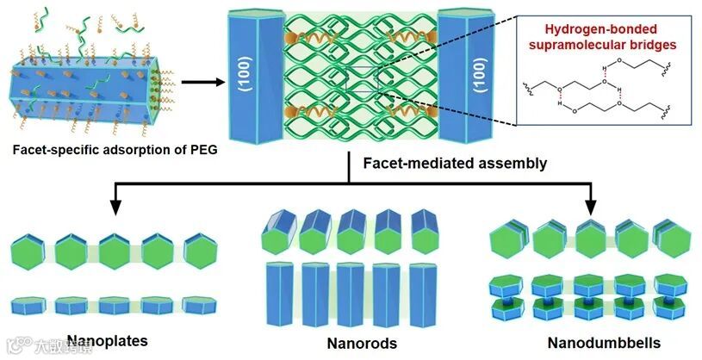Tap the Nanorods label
pos(362,344)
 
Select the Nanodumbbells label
pos(604,344)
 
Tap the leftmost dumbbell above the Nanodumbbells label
pos(509,298)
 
